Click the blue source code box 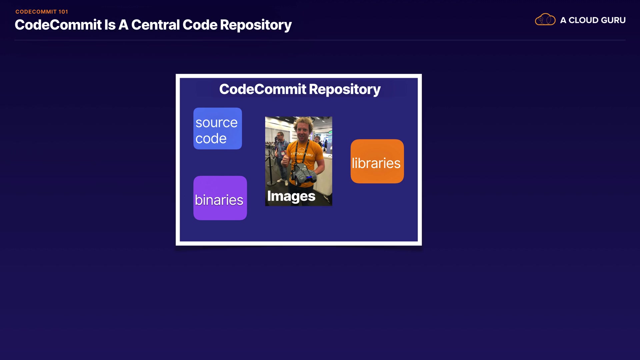(218, 128)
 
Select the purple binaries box (220, 198)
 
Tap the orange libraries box (377, 161)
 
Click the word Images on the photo (291, 196)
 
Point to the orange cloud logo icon (545, 20)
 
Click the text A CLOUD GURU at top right (593, 20)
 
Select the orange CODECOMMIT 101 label (42, 12)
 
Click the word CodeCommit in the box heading (263, 89)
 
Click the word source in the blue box (216, 123)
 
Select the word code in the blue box (211, 138)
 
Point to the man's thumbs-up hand (286, 160)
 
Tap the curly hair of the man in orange (303, 123)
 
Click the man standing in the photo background (282, 157)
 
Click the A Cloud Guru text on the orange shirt (302, 154)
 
